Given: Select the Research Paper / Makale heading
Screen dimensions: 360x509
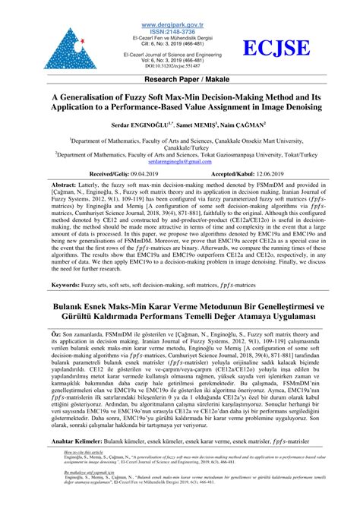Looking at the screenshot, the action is click(x=180, y=79).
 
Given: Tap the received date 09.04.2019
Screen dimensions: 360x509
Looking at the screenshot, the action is click(x=141, y=173).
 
